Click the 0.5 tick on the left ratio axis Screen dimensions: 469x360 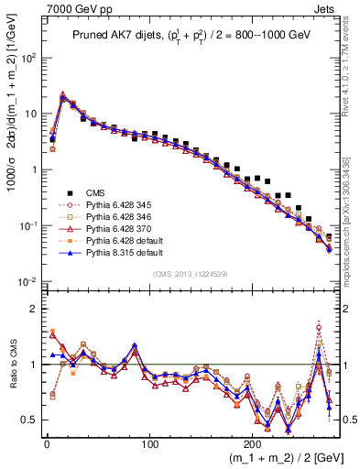click(29, 420)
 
